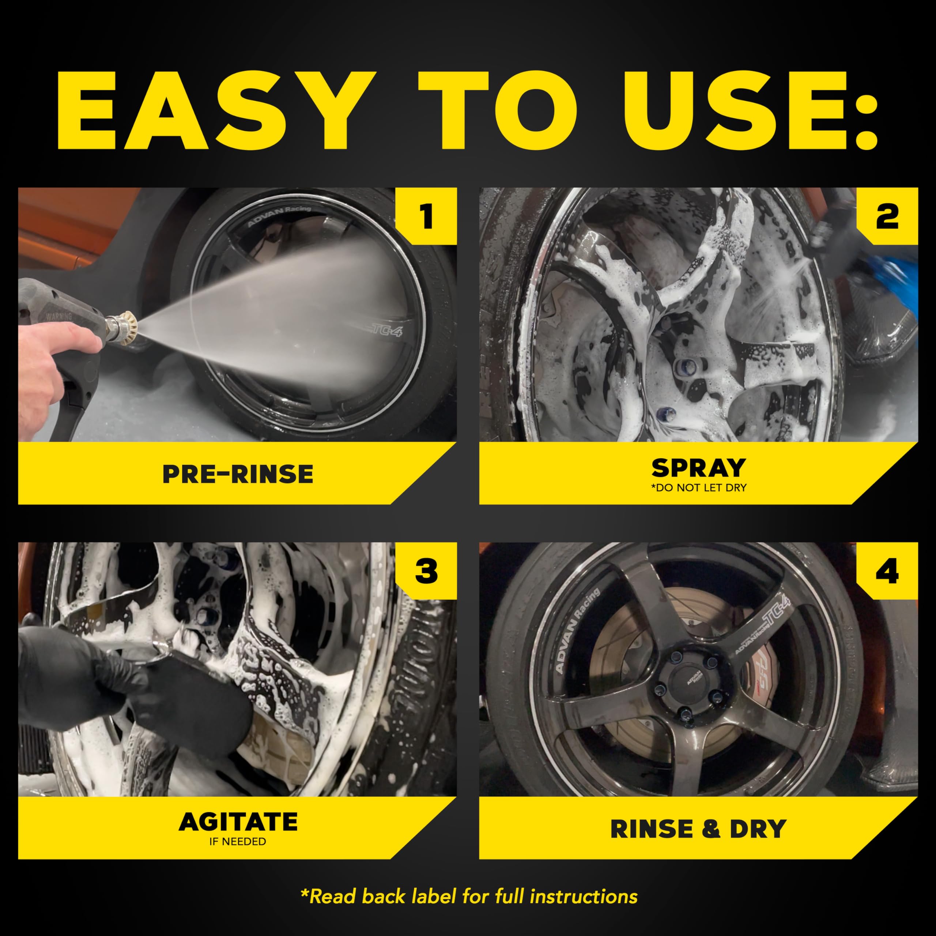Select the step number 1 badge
[x=426, y=216]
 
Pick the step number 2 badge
[x=887, y=216]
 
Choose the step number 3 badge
[x=426, y=571]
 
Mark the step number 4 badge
[x=887, y=571]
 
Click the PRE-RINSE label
[x=237, y=474]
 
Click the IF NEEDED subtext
[x=237, y=842]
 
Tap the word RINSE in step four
[x=652, y=829]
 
